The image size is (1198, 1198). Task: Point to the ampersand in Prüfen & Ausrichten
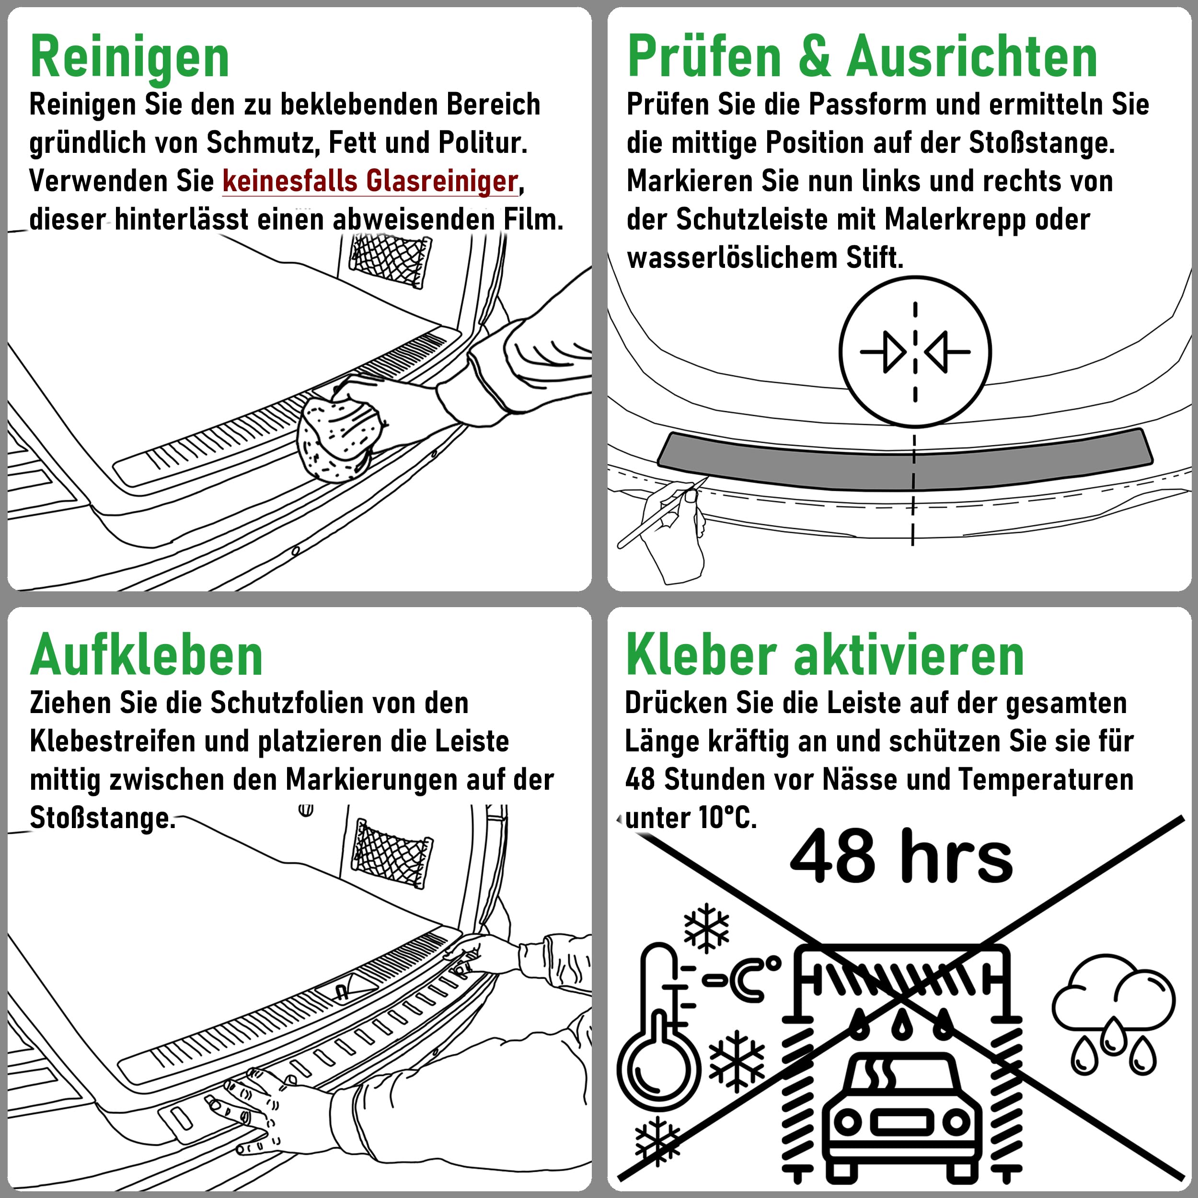(x=814, y=57)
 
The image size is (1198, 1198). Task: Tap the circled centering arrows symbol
(x=915, y=352)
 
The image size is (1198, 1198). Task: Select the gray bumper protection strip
(x=905, y=458)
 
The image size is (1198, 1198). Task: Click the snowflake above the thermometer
(x=706, y=930)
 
